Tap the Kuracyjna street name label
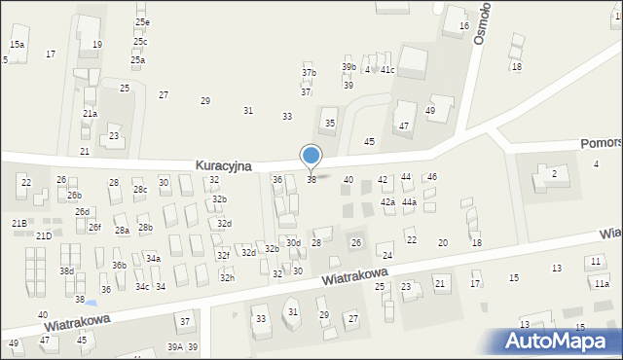pos(223,166)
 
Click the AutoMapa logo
pos(560,342)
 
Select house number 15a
pos(17,45)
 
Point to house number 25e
pos(142,22)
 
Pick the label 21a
pos(90,114)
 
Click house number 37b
pos(309,73)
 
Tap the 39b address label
pos(348,66)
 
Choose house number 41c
pos(387,70)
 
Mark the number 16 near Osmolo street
pos(463,26)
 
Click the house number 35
pos(330,124)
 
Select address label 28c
pos(140,190)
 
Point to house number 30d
pos(293,242)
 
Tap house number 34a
pos(153,259)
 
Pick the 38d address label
pos(66,271)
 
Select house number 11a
pos(602,283)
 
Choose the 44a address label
pos(410,202)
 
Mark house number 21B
pos(18,224)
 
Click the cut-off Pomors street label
pos(603,142)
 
